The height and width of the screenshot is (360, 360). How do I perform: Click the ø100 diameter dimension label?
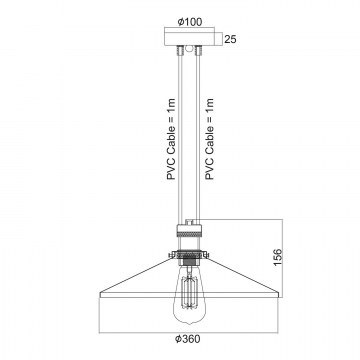click(x=190, y=22)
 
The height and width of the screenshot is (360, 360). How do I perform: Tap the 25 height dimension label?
click(x=230, y=39)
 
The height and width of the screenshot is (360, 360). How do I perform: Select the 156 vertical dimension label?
click(x=278, y=257)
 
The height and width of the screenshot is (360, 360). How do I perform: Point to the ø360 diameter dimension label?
click(x=188, y=339)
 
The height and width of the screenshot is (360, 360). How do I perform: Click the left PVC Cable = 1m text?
click(x=171, y=139)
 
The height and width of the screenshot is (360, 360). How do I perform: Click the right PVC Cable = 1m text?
click(x=209, y=139)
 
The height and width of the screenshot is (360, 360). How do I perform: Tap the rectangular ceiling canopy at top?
click(x=189, y=37)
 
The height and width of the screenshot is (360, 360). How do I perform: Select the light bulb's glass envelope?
click(x=189, y=293)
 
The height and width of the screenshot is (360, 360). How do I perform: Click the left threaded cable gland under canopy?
click(x=180, y=50)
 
